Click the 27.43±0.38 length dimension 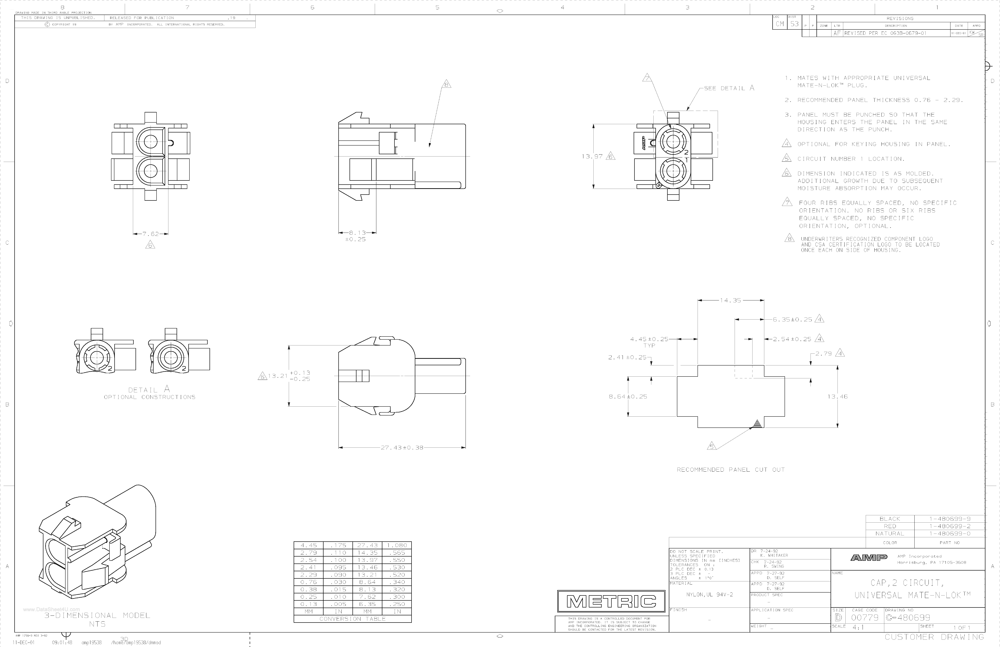point(402,447)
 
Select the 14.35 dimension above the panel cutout point(731,300)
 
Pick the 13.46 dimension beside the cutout point(837,396)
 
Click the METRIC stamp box point(611,601)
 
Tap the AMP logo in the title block point(869,557)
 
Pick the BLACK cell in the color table point(890,519)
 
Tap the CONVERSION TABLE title point(352,619)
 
